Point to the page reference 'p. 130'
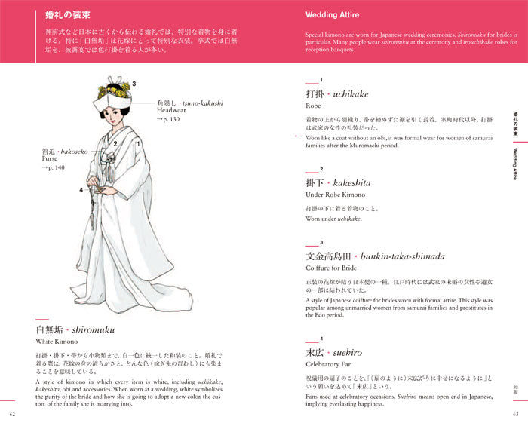click(168, 120)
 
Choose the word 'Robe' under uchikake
click(313, 106)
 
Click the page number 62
click(11, 414)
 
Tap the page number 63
click(515, 414)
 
